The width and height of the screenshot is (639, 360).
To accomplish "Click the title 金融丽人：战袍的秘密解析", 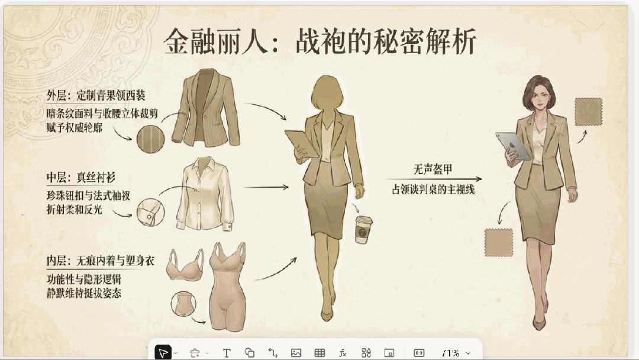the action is click(320, 41).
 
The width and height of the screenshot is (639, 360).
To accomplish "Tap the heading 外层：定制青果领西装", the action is click(96, 96).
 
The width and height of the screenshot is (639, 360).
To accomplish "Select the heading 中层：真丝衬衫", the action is click(80, 178).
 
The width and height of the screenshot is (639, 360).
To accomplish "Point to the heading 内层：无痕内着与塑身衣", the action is click(100, 261).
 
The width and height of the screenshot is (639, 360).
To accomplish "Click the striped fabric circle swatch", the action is click(150, 139).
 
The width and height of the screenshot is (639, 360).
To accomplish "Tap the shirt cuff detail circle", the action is click(150, 213).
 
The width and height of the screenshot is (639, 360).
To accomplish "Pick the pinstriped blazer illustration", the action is click(205, 108).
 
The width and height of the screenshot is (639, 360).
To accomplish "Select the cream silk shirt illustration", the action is click(205, 194).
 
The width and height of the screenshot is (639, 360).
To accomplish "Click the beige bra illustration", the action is click(185, 265).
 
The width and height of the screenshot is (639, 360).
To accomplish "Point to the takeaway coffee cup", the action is click(363, 230).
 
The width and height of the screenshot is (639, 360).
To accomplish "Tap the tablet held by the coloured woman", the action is click(513, 146).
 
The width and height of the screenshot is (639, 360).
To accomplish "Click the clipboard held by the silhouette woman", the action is click(302, 143).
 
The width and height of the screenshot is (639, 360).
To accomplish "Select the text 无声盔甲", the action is click(433, 169).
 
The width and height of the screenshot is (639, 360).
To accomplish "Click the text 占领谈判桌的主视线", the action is click(433, 189).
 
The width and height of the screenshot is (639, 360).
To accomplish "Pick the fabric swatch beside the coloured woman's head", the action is click(589, 112).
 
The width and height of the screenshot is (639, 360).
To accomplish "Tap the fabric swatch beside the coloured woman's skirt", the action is click(498, 243).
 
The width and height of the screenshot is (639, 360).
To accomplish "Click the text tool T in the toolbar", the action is click(227, 353).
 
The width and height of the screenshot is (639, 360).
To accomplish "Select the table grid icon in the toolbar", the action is click(319, 353).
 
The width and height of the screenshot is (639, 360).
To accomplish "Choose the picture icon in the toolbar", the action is click(296, 353).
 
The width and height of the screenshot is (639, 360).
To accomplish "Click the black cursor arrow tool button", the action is click(163, 353).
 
